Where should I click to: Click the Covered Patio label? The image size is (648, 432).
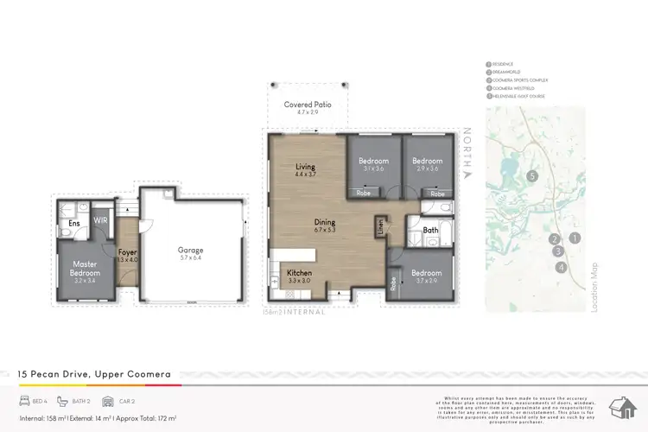click(x=308, y=105)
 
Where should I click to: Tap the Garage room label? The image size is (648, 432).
click(x=191, y=250)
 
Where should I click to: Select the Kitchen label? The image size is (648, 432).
click(x=300, y=273)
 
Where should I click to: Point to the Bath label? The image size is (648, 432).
click(x=431, y=231)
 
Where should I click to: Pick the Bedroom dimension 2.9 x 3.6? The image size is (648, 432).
click(x=427, y=168)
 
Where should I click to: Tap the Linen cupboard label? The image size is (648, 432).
click(x=379, y=226)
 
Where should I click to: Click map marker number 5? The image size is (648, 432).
click(x=533, y=176)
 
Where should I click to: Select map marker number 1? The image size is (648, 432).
click(x=575, y=238)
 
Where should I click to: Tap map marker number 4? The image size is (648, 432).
click(x=562, y=267)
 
